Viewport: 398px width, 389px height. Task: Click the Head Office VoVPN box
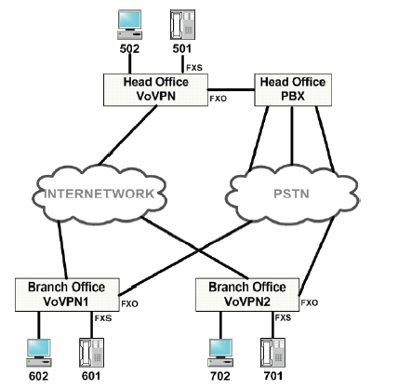pyautogui.click(x=155, y=89)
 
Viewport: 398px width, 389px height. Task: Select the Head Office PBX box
pyautogui.click(x=293, y=89)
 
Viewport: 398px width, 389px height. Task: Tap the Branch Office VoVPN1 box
pyautogui.click(x=67, y=294)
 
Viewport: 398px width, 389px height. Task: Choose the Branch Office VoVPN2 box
pyautogui.click(x=247, y=294)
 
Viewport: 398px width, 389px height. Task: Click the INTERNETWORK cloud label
pyautogui.click(x=99, y=194)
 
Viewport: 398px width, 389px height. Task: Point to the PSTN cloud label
pyautogui.click(x=291, y=194)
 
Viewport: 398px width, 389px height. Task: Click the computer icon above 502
pyautogui.click(x=129, y=25)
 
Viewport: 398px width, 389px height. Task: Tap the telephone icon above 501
pyautogui.click(x=182, y=25)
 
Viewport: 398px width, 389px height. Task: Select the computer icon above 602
pyautogui.click(x=39, y=353)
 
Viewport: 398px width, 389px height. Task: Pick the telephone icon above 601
pyautogui.click(x=91, y=353)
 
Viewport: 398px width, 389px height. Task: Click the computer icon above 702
pyautogui.click(x=220, y=353)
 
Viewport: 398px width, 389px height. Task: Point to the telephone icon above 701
pyautogui.click(x=272, y=353)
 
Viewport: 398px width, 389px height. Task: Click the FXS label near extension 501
pyautogui.click(x=194, y=68)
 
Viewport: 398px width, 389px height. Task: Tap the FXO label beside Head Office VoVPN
pyautogui.click(x=219, y=99)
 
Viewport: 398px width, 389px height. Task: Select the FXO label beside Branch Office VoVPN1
pyautogui.click(x=129, y=303)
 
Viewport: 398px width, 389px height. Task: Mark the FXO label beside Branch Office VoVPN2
pyautogui.click(x=310, y=302)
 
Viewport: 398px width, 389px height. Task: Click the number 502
pyautogui.click(x=129, y=48)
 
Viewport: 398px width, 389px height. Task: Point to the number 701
pyautogui.click(x=273, y=376)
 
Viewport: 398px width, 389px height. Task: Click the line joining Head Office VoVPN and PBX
pyautogui.click(x=231, y=89)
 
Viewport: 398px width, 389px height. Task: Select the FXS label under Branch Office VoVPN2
pyautogui.click(x=283, y=317)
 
